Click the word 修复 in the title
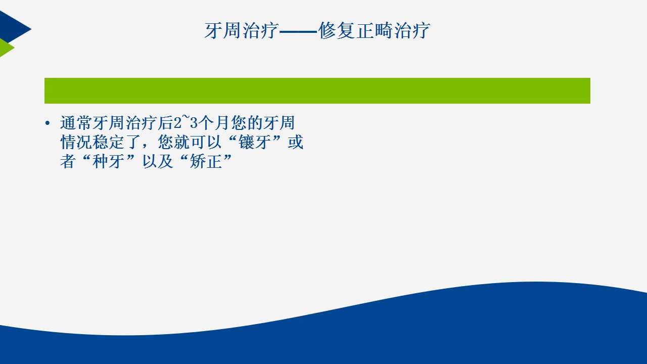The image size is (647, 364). point(337,30)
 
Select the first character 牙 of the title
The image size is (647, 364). point(213,30)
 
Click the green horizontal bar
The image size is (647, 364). point(317,90)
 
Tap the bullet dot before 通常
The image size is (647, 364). point(48,123)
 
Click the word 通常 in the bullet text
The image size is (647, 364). point(76,123)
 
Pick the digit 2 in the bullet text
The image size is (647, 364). point(177,123)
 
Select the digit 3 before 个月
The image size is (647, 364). point(194,123)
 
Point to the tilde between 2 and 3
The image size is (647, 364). point(186,117)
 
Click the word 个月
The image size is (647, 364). point(214,123)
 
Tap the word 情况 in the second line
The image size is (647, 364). point(76,142)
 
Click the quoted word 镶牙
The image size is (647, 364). point(255,142)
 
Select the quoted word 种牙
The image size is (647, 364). point(109,161)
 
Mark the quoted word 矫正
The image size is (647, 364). point(206,161)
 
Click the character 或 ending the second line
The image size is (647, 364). point(296,142)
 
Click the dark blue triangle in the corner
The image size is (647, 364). point(13,27)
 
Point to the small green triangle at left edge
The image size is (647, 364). point(6,48)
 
